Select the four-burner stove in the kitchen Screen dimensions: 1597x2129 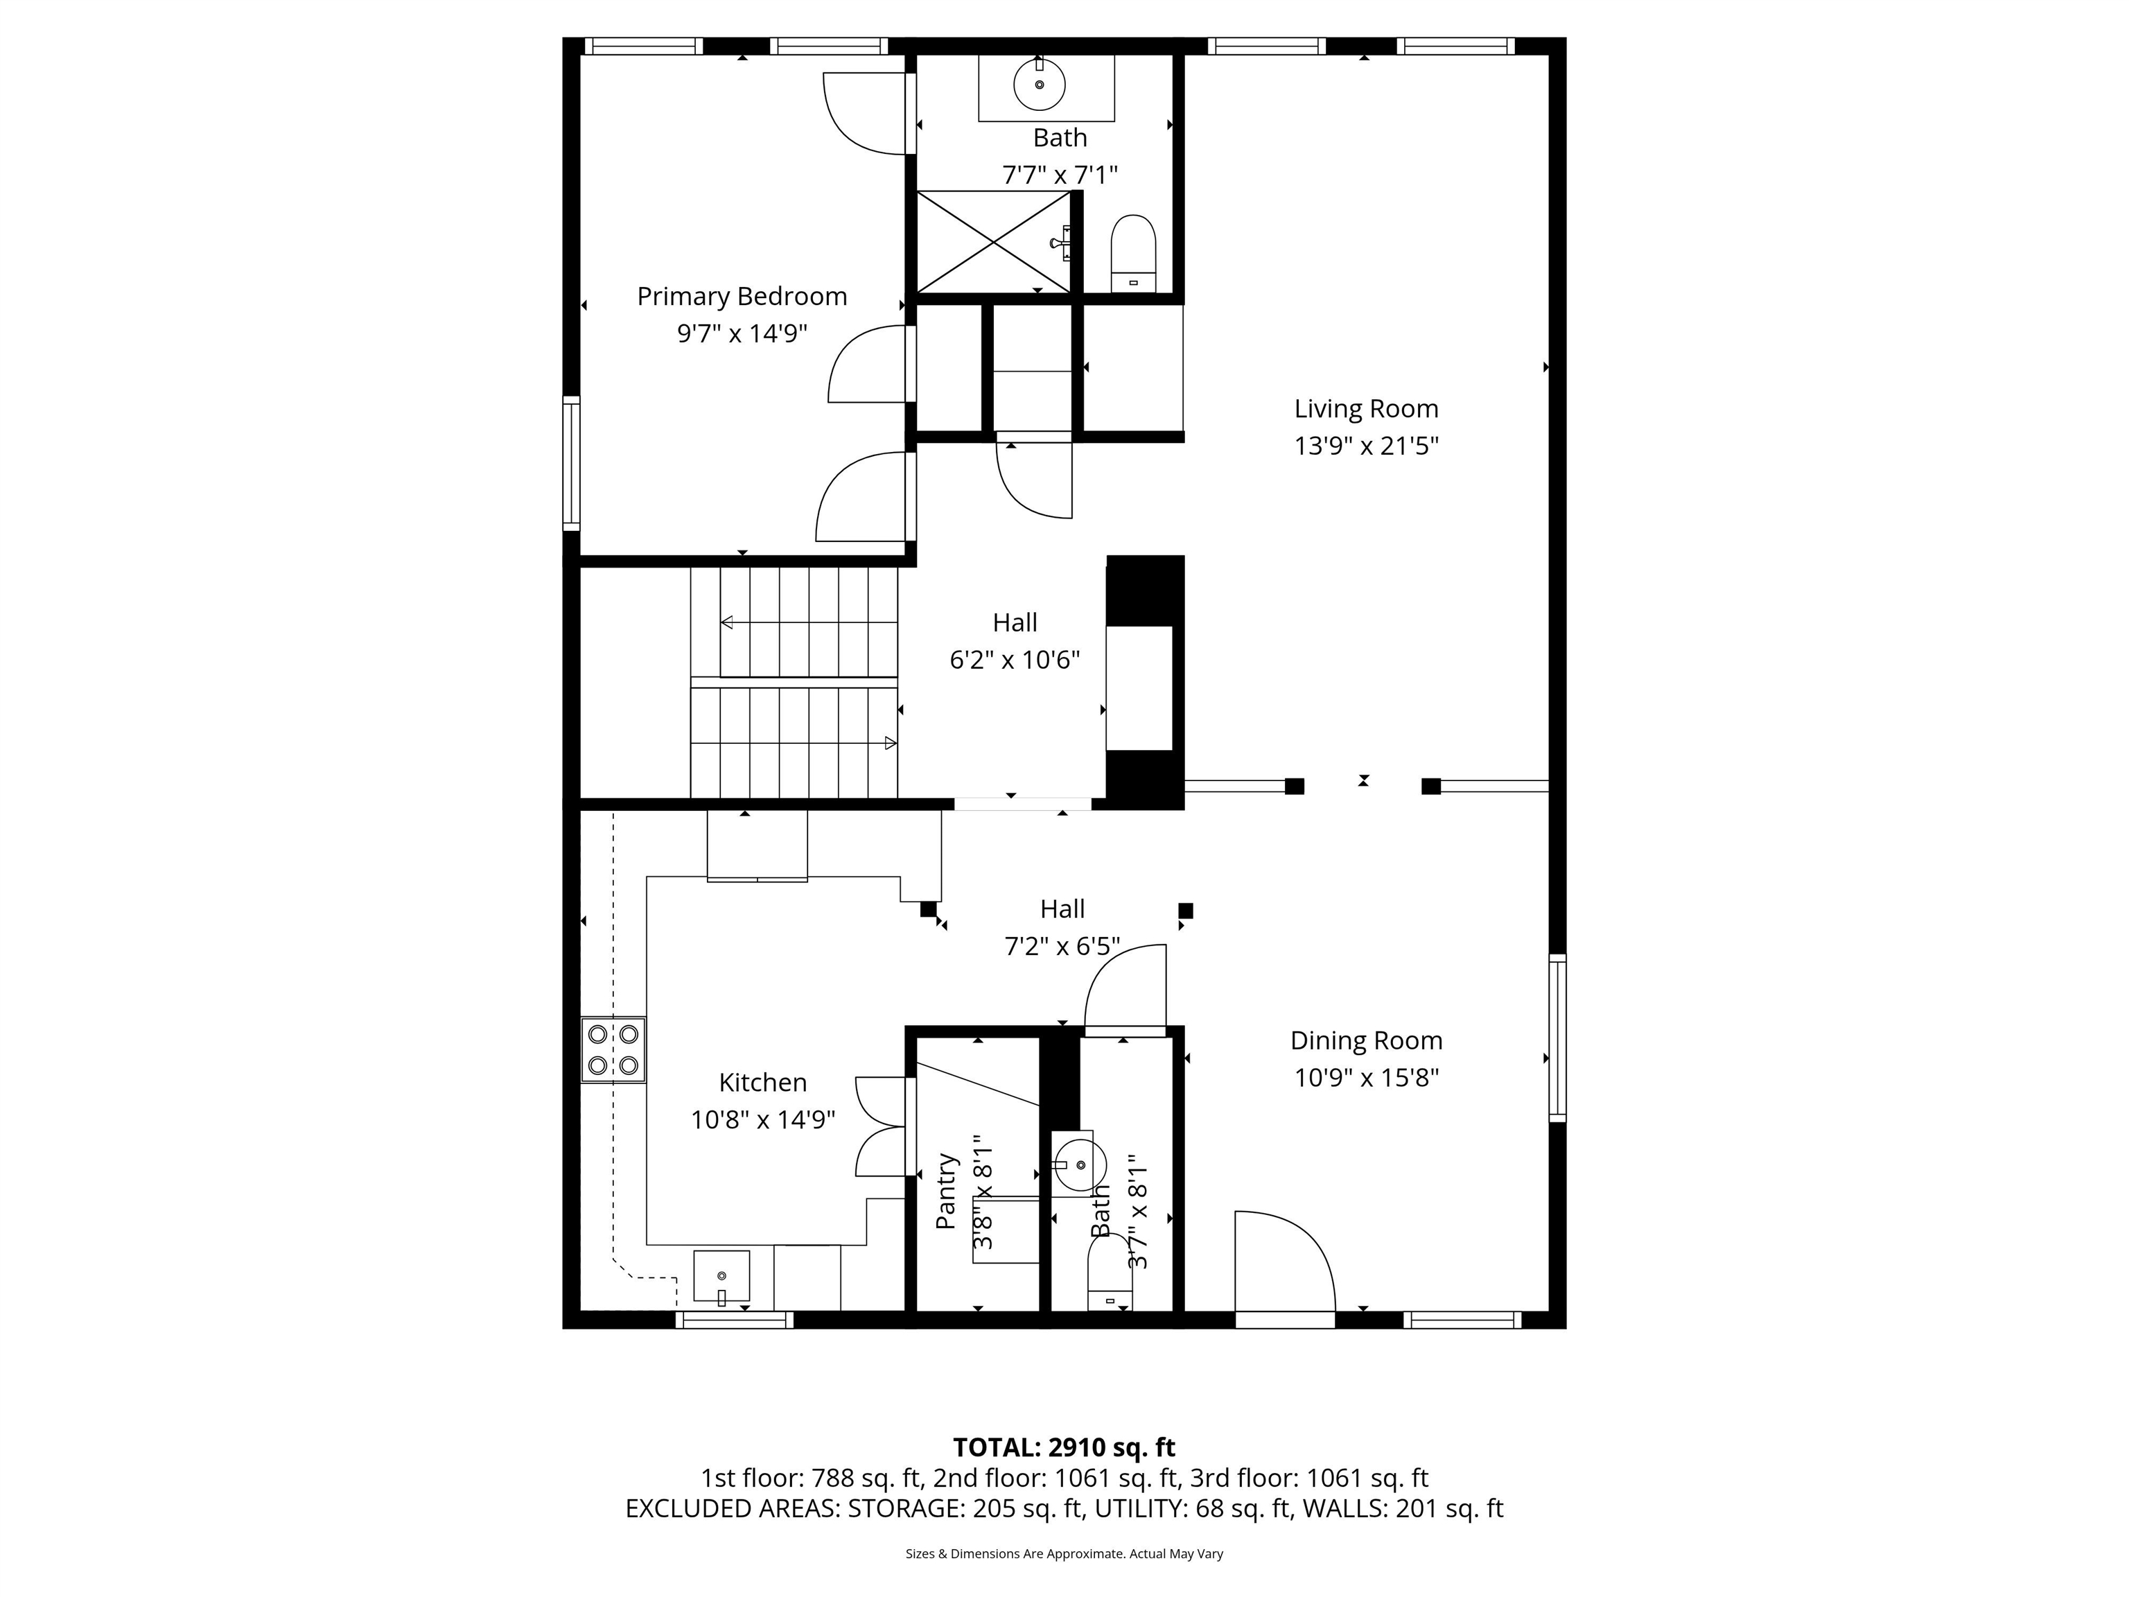tap(613, 1049)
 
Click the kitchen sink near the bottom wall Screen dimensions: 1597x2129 tap(721, 1277)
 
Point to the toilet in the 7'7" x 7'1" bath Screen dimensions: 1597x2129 tap(1133, 252)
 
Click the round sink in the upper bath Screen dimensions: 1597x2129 tap(1040, 84)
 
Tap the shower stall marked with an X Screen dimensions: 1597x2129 tap(992, 242)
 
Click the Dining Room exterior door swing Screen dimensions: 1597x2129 tap(1283, 1261)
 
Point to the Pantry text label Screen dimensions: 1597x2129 tap(947, 1191)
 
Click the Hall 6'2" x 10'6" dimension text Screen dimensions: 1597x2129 tap(1015, 661)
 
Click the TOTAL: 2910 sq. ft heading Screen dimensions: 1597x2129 tap(1064, 1448)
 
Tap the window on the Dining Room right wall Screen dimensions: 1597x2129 tap(1557, 1038)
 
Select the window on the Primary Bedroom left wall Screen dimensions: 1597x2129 tap(572, 463)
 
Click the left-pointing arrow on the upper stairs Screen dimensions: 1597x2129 tap(727, 623)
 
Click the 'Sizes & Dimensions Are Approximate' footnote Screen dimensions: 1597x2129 tap(1064, 1554)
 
